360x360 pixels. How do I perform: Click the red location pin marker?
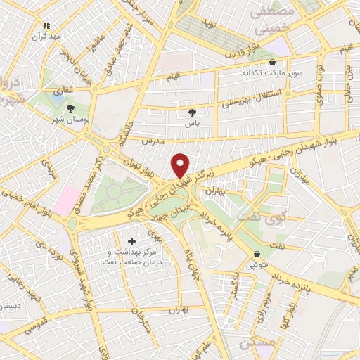click(181, 165)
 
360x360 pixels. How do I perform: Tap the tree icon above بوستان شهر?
click(71, 108)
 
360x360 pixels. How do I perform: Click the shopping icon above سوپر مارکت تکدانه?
click(272, 62)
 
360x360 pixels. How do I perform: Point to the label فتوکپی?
click(257, 265)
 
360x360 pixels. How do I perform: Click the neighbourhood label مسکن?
click(255, 342)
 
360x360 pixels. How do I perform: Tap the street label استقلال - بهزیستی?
click(250, 99)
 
